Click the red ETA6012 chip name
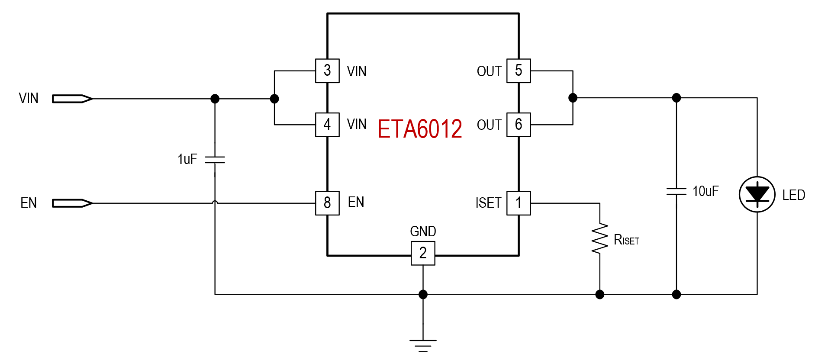point(419,129)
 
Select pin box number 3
point(327,71)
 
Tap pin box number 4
point(327,125)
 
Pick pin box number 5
point(519,71)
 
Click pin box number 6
point(519,125)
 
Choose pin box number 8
point(327,203)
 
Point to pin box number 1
point(519,203)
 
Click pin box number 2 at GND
point(423,253)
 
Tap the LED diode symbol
point(757,194)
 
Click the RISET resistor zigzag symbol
point(599,238)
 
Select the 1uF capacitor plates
point(215,160)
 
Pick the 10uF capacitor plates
point(677,191)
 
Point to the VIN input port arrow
point(72,99)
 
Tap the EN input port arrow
point(72,203)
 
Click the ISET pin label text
point(488,203)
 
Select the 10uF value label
point(706,191)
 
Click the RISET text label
point(626,240)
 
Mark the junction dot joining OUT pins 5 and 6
point(573,98)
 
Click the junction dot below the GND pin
point(423,295)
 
